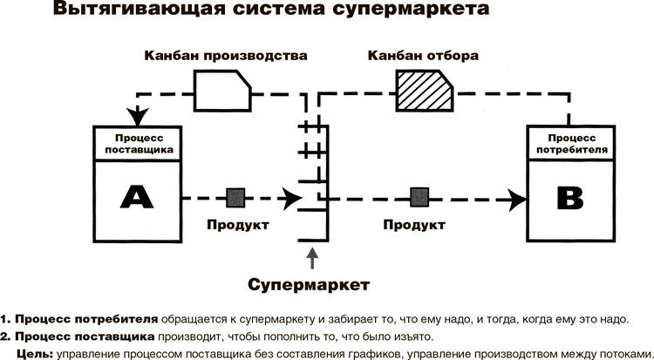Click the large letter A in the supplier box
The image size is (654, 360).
tap(136, 198)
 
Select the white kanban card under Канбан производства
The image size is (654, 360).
tap(223, 91)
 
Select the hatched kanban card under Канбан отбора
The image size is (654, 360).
tap(423, 91)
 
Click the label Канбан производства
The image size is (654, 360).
tap(226, 56)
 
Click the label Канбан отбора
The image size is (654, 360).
tap(423, 56)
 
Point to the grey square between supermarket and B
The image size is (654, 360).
tap(419, 197)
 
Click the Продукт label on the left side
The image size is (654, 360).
tap(237, 225)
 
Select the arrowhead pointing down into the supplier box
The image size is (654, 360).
tap(136, 115)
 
